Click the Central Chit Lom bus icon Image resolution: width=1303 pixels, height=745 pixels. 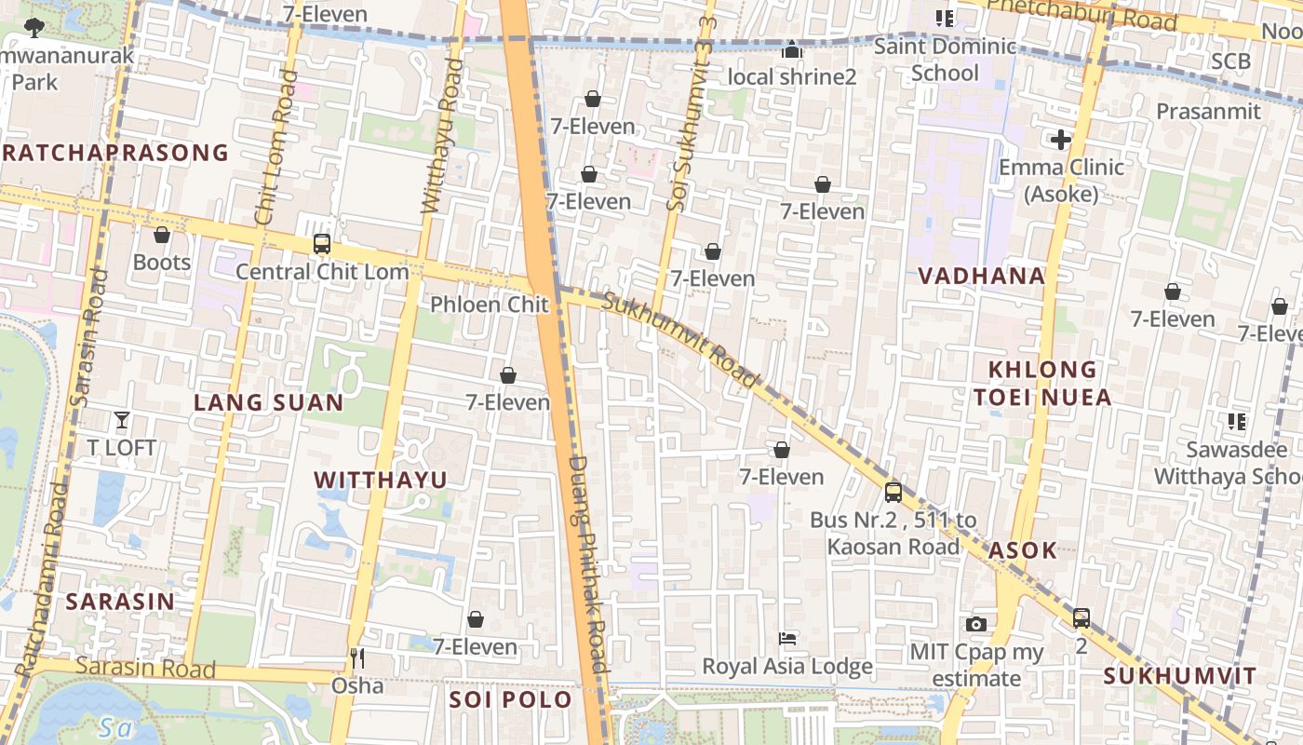322,244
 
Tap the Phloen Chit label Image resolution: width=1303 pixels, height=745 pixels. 489,305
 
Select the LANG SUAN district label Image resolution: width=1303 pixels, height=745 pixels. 268,403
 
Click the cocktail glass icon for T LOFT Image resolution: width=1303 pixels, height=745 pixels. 122,420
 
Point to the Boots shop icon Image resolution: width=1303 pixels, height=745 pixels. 162,235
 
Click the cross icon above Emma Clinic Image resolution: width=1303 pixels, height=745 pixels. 1060,141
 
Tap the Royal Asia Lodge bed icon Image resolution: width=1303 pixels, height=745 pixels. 787,639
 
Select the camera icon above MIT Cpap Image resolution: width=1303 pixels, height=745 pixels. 975,624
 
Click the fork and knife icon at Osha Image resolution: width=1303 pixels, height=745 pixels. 357,658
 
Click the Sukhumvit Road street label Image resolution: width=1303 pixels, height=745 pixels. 680,340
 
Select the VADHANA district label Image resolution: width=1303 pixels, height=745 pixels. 981,276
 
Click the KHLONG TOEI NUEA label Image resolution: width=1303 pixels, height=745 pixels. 1042,384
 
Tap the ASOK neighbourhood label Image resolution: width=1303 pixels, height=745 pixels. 1023,550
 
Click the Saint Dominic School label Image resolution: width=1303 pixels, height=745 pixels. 945,60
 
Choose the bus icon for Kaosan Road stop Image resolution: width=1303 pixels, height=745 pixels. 893,492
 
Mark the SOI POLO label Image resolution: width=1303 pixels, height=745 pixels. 511,699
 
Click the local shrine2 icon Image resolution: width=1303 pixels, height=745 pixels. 792,49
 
